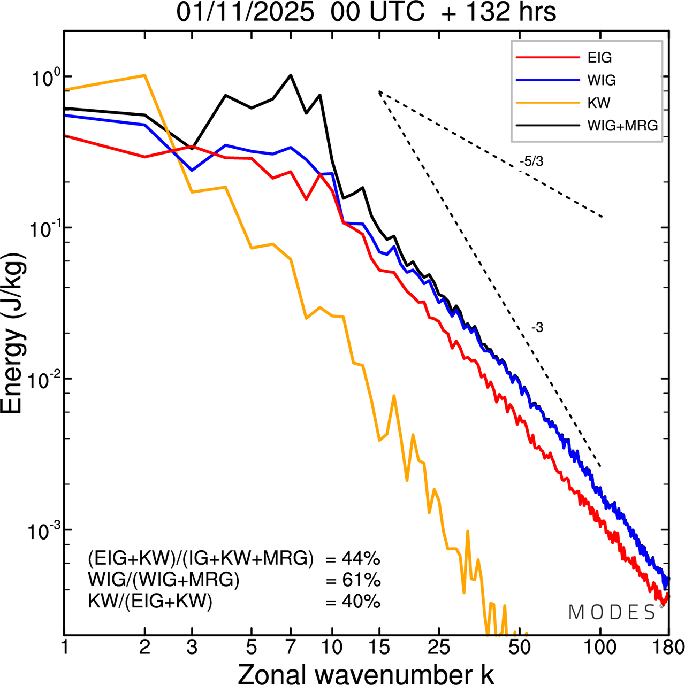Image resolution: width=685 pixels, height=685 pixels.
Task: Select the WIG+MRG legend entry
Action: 622,126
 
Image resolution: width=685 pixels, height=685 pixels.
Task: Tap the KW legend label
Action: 599,103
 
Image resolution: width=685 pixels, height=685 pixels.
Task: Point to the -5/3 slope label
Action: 531,161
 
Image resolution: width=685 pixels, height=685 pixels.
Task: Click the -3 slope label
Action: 537,328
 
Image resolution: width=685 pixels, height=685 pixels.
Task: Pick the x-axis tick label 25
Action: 438,648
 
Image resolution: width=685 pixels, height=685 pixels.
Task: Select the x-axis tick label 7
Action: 291,648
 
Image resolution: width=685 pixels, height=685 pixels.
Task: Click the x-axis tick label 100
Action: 600,648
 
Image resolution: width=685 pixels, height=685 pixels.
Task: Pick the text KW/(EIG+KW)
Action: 150,602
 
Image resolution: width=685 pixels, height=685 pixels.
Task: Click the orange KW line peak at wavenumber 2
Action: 145,75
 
